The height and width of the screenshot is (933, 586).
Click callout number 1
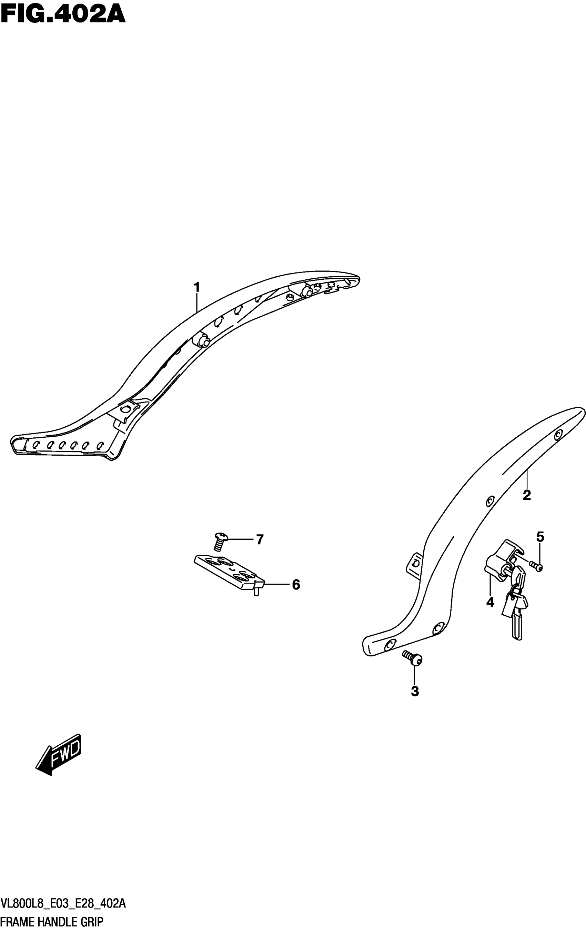197,288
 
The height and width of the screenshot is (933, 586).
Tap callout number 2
526,495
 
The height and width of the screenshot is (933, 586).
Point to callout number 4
490,602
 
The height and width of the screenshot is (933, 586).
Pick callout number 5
540,537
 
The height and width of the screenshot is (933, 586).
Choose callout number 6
296,585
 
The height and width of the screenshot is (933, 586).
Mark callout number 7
260,539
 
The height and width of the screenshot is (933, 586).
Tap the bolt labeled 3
413,658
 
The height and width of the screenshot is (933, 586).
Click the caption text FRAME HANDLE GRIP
52,923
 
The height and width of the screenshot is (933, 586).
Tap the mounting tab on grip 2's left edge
414,565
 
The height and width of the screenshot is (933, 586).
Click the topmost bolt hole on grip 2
557,435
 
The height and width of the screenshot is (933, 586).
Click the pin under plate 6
256,592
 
